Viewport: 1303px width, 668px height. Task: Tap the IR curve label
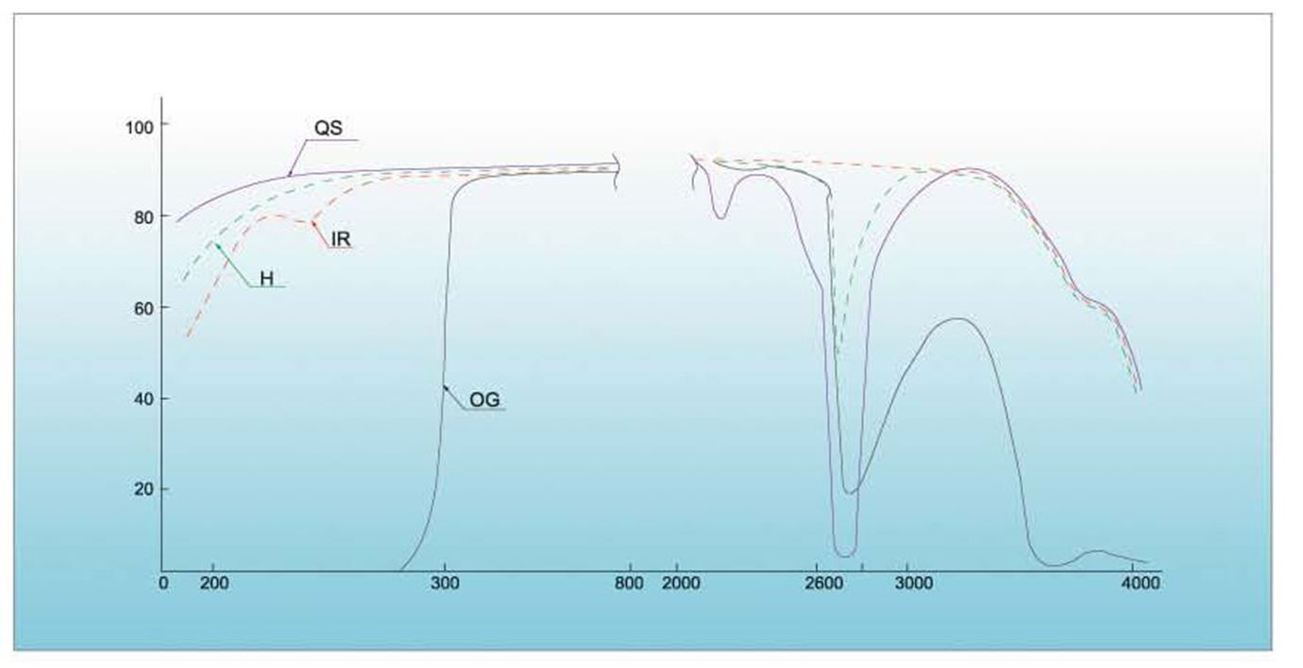pyautogui.click(x=341, y=241)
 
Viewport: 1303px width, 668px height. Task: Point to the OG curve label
pyautogui.click(x=484, y=401)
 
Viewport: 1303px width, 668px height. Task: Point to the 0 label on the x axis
pyautogui.click(x=163, y=584)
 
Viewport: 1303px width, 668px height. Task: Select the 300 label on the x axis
pyautogui.click(x=445, y=584)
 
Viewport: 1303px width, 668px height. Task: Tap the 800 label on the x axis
pyautogui.click(x=629, y=584)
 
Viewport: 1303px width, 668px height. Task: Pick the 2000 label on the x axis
pyautogui.click(x=682, y=584)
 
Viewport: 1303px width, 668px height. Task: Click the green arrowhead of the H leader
pyautogui.click(x=217, y=245)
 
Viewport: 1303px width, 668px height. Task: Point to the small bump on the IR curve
pyautogui.click(x=312, y=222)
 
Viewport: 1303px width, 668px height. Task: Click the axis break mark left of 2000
pyautogui.click(x=696, y=169)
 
